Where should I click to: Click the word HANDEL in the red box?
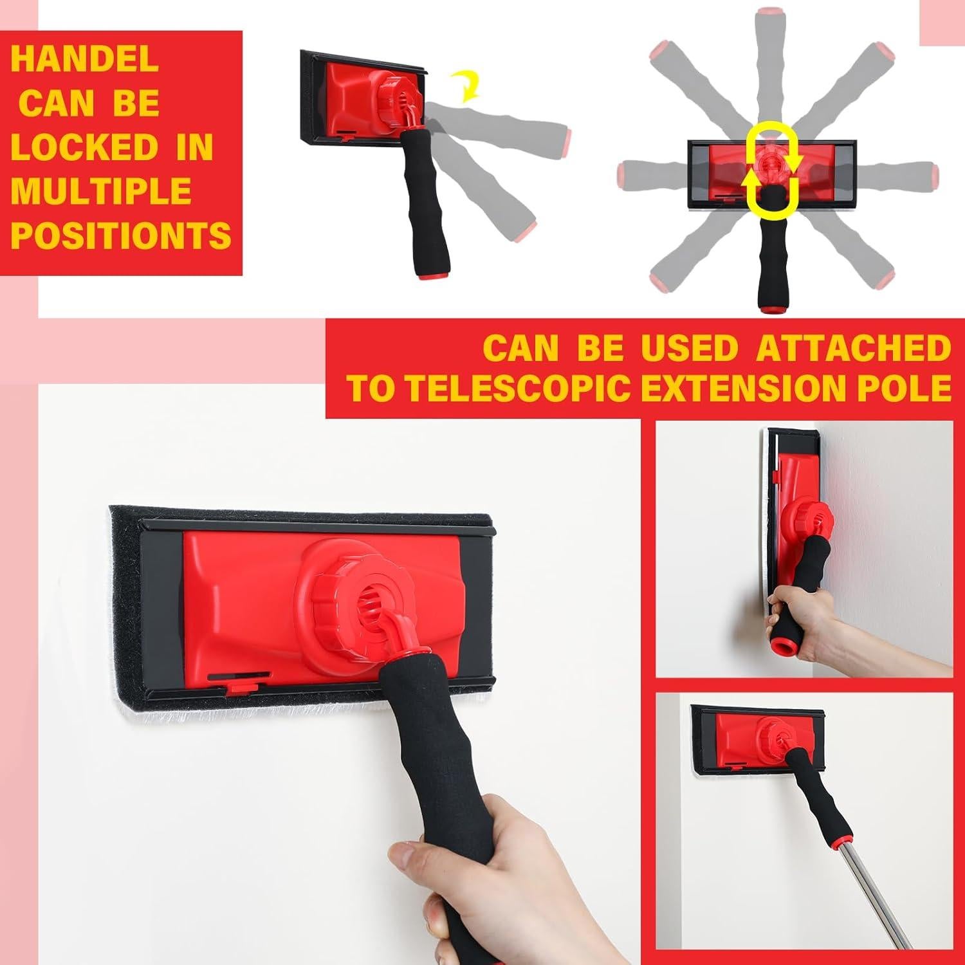click(84, 59)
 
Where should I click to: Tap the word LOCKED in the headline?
click(84, 147)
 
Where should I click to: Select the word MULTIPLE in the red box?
click(101, 191)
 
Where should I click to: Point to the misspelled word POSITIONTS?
click(121, 235)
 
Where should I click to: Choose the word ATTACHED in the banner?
click(853, 348)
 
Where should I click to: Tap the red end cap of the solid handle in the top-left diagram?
click(424, 279)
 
